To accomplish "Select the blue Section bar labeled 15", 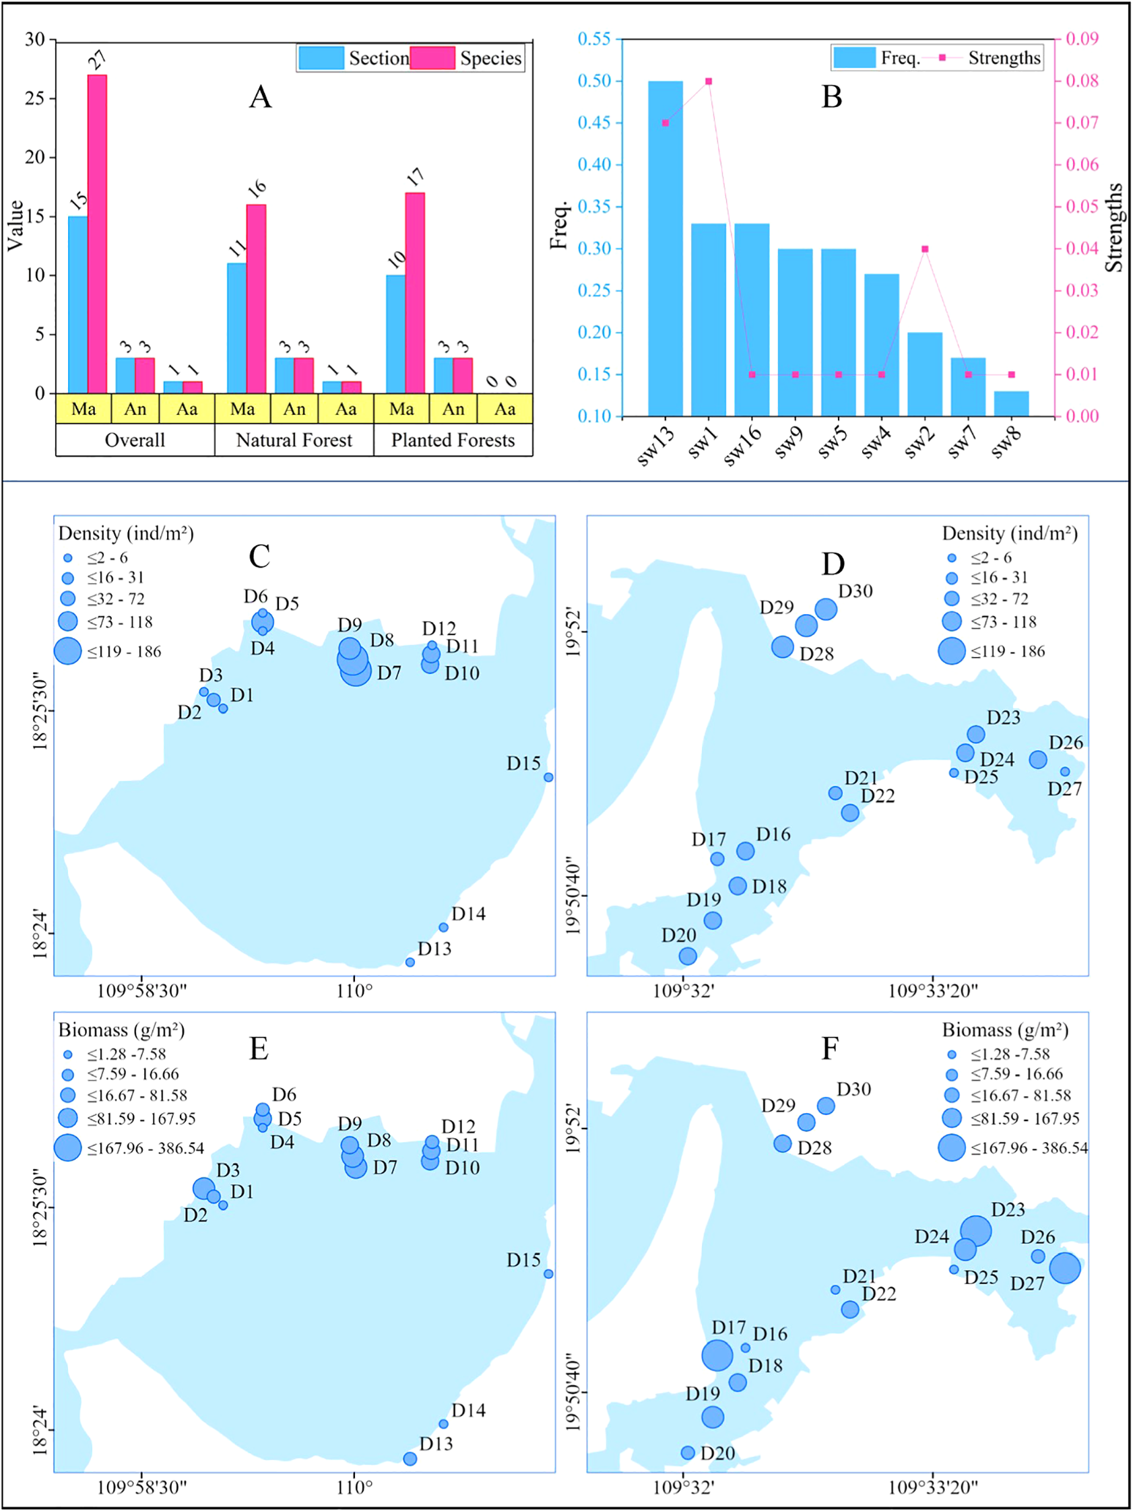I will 78,304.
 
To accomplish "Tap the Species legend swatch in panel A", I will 432,58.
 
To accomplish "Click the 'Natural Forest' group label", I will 294,440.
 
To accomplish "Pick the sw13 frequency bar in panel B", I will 665,248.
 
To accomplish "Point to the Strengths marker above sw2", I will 925,249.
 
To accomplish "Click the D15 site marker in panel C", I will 548,777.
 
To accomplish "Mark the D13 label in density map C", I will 434,949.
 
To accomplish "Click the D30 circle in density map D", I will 825,609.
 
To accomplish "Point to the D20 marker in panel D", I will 688,955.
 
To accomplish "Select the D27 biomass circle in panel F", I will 1065,1268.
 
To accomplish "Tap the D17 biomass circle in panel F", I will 717,1355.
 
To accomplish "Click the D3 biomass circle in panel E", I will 203,1188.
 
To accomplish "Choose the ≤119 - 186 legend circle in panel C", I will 67,651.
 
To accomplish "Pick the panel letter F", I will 830,1048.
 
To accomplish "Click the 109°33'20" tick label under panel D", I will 933,990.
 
